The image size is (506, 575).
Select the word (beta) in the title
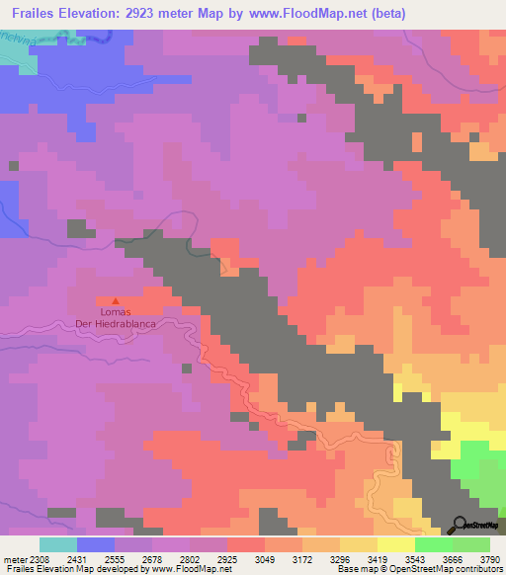383,13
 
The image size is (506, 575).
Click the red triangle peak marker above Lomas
117,300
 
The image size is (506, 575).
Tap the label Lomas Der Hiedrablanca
117,318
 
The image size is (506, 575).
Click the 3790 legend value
476,558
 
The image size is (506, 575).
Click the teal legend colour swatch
57,544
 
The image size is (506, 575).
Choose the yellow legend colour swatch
396,544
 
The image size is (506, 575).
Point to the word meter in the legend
16,558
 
